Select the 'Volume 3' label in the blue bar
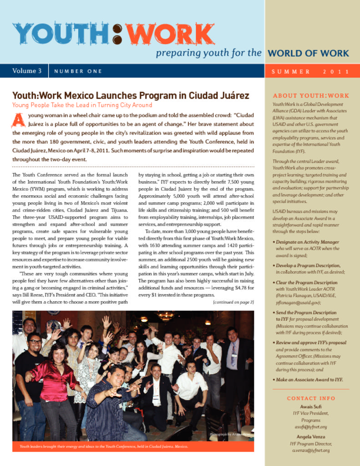coord(27,71)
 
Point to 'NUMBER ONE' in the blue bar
coord(78,71)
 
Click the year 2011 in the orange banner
coord(336,71)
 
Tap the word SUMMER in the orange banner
coord(291,71)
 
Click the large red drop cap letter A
coord(18,120)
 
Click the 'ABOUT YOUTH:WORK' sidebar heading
coord(311,96)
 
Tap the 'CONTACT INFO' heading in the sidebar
coord(311,399)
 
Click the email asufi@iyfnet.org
coord(311,427)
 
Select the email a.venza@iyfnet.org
coord(311,450)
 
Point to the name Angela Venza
coord(311,436)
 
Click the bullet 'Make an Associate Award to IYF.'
coord(309,380)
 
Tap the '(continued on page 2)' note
coord(233,302)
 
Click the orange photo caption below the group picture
coord(104,446)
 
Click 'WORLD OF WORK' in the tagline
coord(308,53)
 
